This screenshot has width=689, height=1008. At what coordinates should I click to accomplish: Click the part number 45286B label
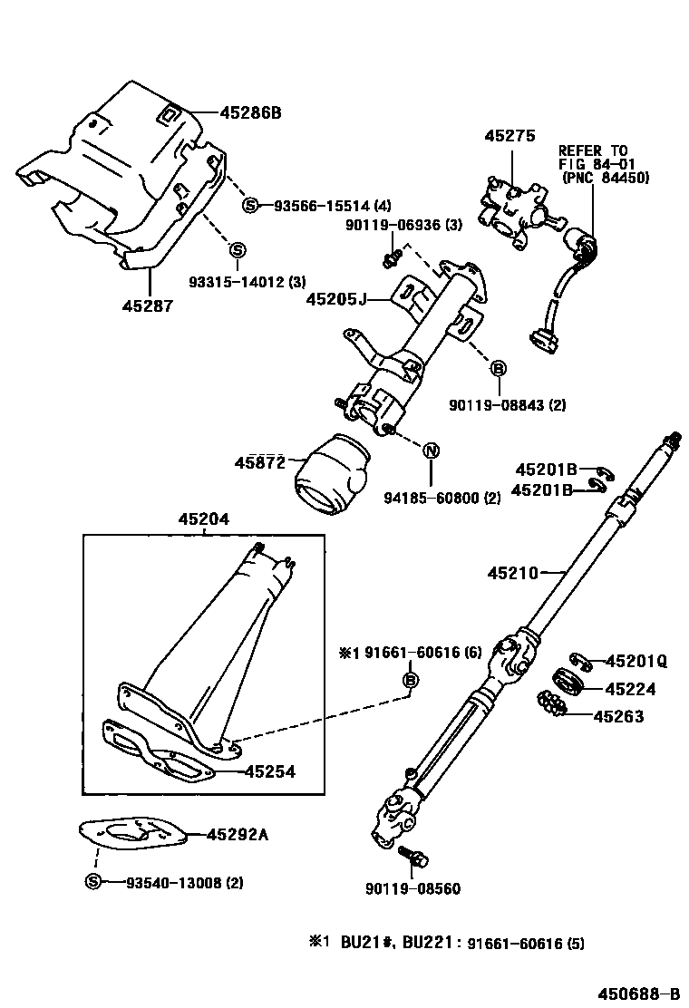point(250,113)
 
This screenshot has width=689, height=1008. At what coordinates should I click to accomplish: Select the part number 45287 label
point(147,306)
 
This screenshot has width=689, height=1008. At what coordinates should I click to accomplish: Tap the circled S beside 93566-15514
point(251,206)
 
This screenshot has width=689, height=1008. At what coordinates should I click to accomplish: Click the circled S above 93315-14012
point(236,250)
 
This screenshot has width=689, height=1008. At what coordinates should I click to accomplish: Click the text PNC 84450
point(606,179)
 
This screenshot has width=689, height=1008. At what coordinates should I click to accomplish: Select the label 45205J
point(335,298)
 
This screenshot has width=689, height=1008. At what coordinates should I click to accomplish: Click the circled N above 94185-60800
point(431,451)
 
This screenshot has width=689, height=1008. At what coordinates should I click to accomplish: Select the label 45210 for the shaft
point(513,572)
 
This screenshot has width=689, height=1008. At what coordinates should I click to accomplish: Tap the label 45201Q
point(636,662)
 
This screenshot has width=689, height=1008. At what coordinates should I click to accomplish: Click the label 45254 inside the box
point(268,771)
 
